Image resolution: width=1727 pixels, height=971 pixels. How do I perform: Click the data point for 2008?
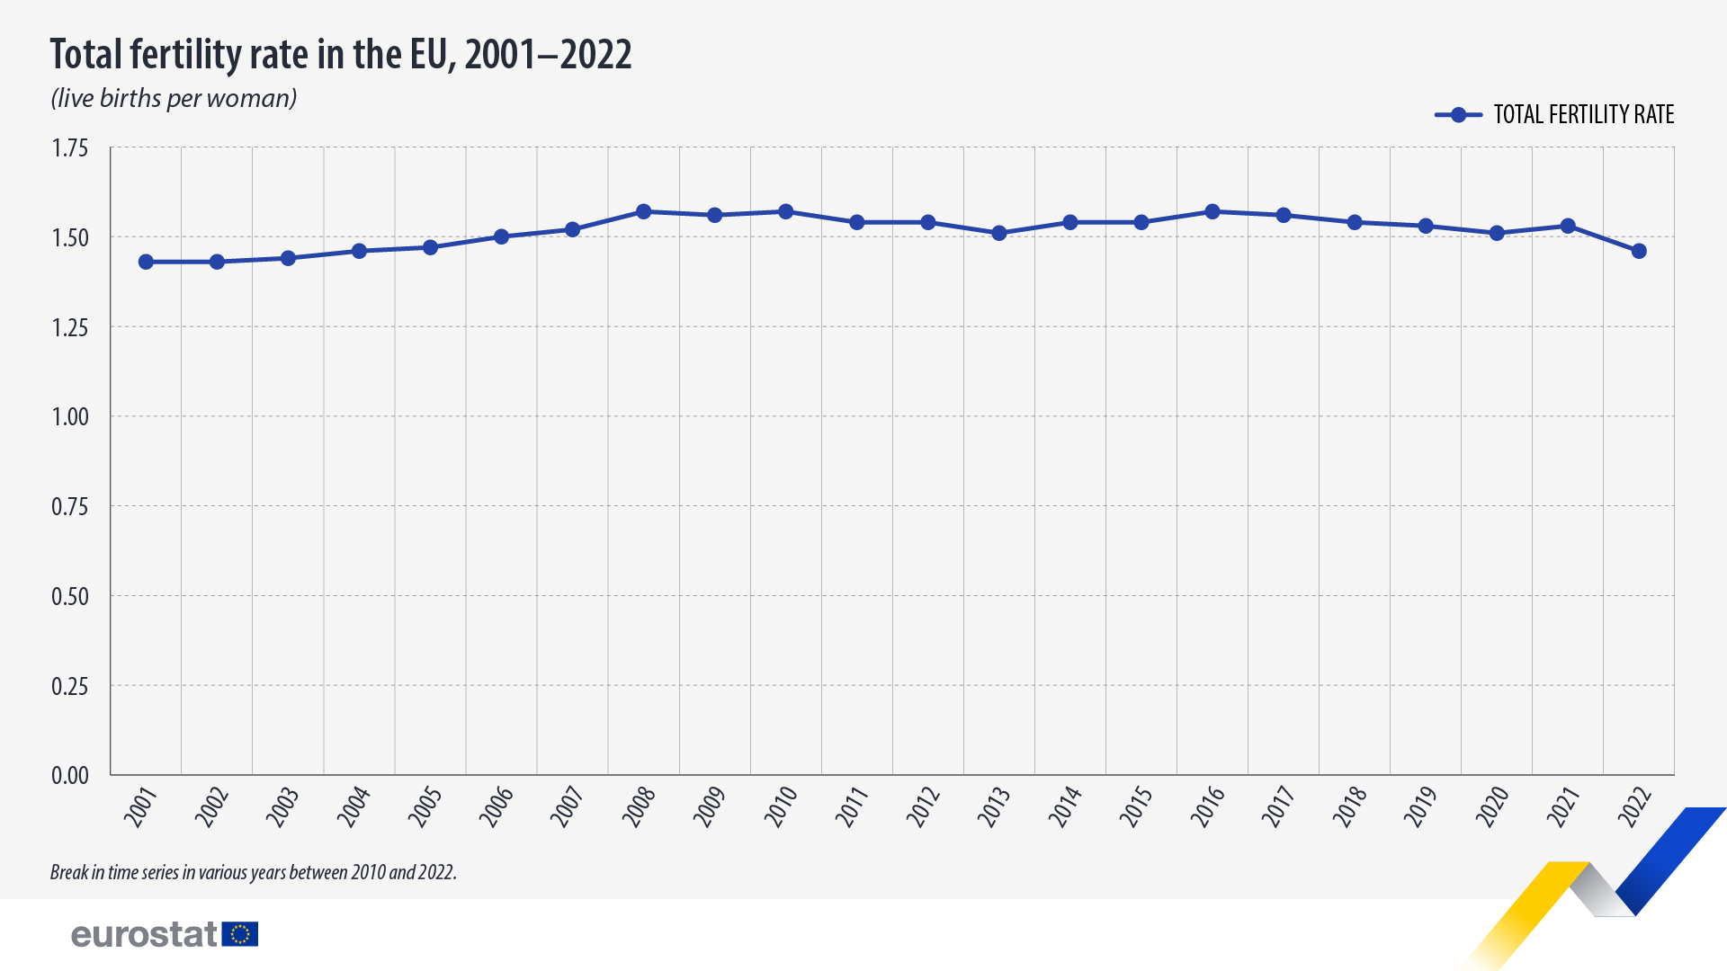[x=643, y=212]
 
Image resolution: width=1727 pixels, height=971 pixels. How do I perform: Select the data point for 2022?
[x=1639, y=252]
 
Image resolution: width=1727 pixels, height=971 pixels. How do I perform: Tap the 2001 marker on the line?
[x=146, y=262]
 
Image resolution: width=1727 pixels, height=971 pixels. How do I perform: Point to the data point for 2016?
[x=1212, y=212]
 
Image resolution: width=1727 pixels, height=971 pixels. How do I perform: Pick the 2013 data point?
[x=998, y=234]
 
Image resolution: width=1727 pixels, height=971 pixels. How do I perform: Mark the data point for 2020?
[x=1497, y=234]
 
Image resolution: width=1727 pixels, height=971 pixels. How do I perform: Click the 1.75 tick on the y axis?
[x=70, y=148]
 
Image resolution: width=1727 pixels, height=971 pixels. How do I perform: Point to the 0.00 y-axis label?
[x=70, y=775]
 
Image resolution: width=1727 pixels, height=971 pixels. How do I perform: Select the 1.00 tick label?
[x=70, y=417]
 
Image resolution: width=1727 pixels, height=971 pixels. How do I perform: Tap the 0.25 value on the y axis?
[x=70, y=687]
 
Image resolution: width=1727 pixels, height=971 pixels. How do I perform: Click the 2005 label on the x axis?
[x=425, y=806]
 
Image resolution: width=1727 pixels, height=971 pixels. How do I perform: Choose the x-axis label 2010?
[x=781, y=806]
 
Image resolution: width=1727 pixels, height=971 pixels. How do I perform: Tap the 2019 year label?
[x=1420, y=806]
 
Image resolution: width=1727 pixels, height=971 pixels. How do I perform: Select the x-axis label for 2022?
[x=1634, y=806]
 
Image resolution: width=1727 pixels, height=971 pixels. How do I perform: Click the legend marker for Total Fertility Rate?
[x=1458, y=115]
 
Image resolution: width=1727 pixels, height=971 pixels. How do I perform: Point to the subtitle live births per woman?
[x=174, y=98]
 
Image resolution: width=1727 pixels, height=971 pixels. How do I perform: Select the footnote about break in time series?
[x=253, y=872]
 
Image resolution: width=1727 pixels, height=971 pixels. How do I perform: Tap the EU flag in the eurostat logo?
[x=240, y=934]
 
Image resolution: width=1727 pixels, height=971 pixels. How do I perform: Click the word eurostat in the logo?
[x=144, y=935]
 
